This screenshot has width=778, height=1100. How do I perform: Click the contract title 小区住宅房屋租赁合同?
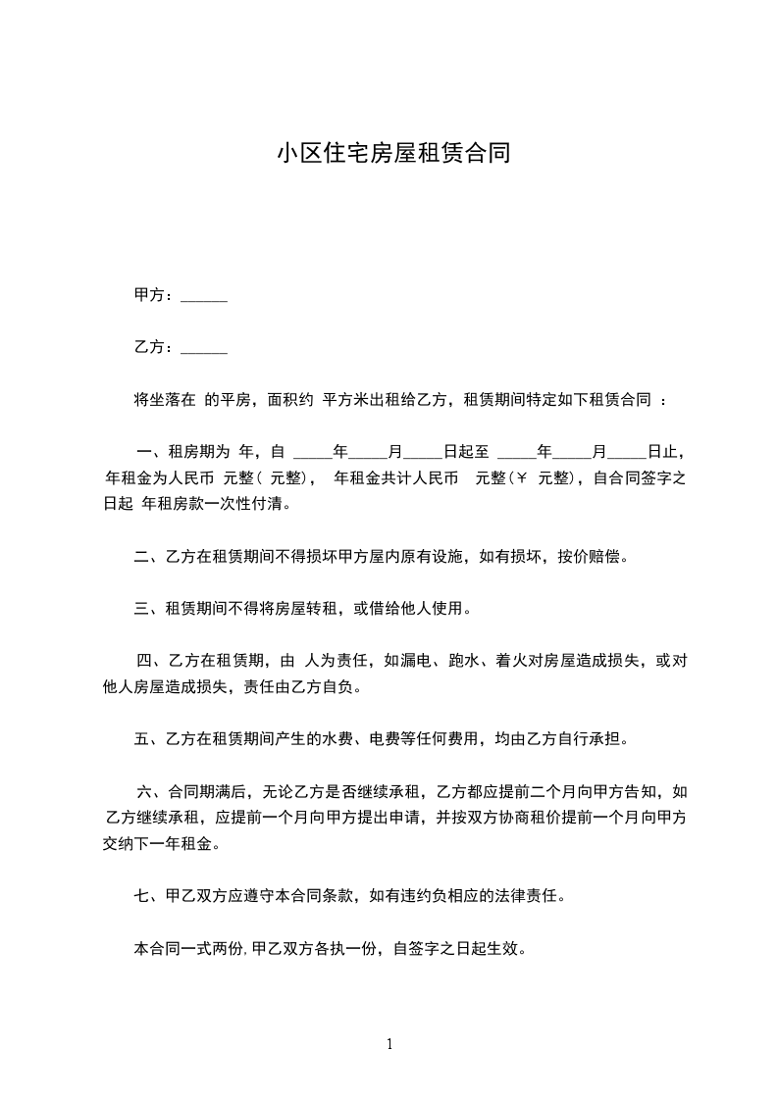[392, 154]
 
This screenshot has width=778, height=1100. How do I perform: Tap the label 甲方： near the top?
[152, 296]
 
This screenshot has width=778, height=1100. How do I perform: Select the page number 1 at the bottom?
[389, 1044]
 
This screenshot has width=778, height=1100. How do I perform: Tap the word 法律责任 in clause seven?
[531, 896]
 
